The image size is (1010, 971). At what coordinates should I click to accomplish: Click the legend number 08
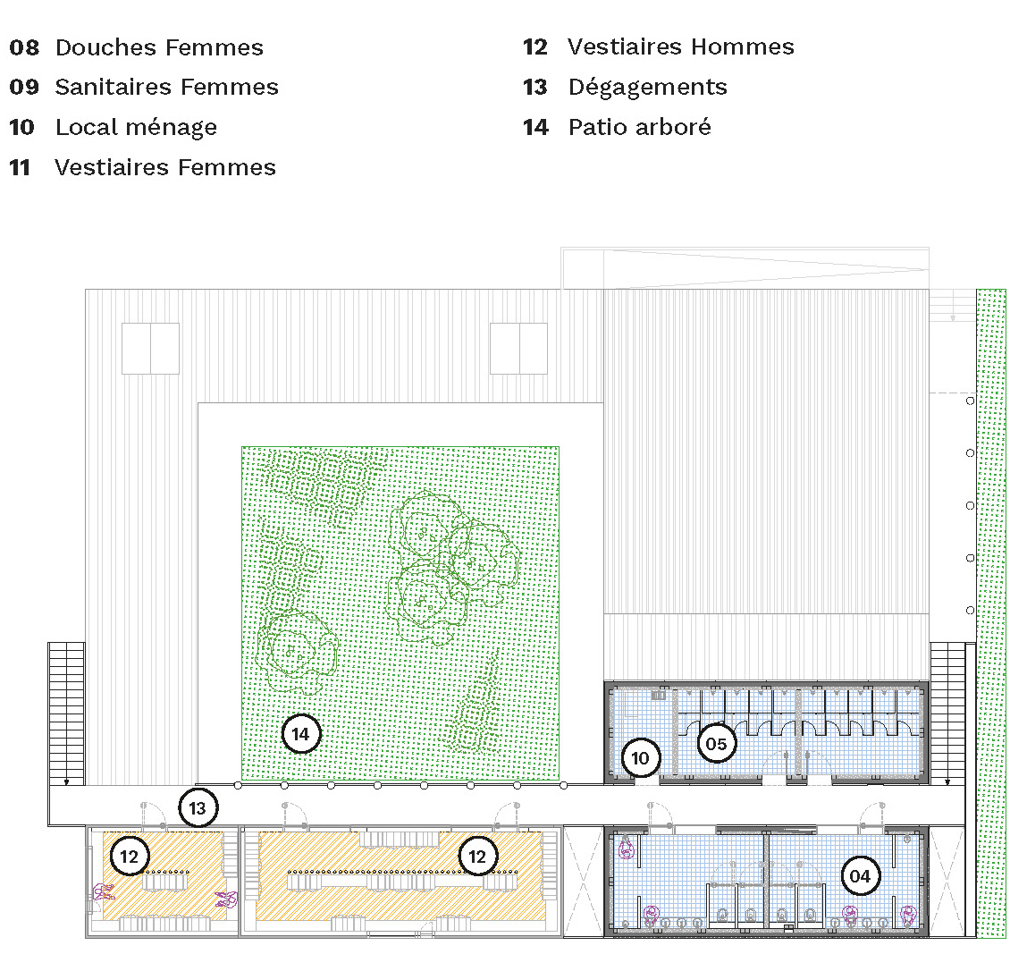tap(24, 47)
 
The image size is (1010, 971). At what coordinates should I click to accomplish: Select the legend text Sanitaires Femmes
tap(167, 87)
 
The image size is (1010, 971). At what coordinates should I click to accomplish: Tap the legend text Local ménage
tap(136, 128)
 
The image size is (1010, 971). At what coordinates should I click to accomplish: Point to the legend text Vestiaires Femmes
tap(165, 167)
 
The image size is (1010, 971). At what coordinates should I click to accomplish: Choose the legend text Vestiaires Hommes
tap(681, 47)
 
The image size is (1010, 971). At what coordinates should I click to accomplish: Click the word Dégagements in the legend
tap(647, 88)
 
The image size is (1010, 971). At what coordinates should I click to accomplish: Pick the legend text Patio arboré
tap(640, 127)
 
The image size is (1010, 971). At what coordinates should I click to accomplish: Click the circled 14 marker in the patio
tap(301, 734)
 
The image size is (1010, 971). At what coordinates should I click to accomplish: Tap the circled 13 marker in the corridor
tap(198, 808)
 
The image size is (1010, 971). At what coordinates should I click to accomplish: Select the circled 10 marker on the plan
tap(640, 758)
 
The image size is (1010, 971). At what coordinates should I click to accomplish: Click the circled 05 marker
tap(716, 744)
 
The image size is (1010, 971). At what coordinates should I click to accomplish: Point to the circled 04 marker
tap(860, 876)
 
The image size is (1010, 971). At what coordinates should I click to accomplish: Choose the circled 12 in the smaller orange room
tap(130, 857)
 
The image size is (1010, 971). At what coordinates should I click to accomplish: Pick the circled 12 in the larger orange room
tap(477, 857)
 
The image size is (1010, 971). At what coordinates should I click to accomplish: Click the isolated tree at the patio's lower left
tap(297, 651)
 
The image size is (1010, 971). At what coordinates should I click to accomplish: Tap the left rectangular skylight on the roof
tap(151, 349)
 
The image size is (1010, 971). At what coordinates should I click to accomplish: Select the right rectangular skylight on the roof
tap(518, 349)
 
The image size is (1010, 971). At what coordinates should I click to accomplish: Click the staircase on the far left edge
tap(66, 713)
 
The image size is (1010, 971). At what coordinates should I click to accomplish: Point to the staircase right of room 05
tap(947, 713)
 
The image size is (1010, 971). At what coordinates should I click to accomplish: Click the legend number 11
tap(20, 168)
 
